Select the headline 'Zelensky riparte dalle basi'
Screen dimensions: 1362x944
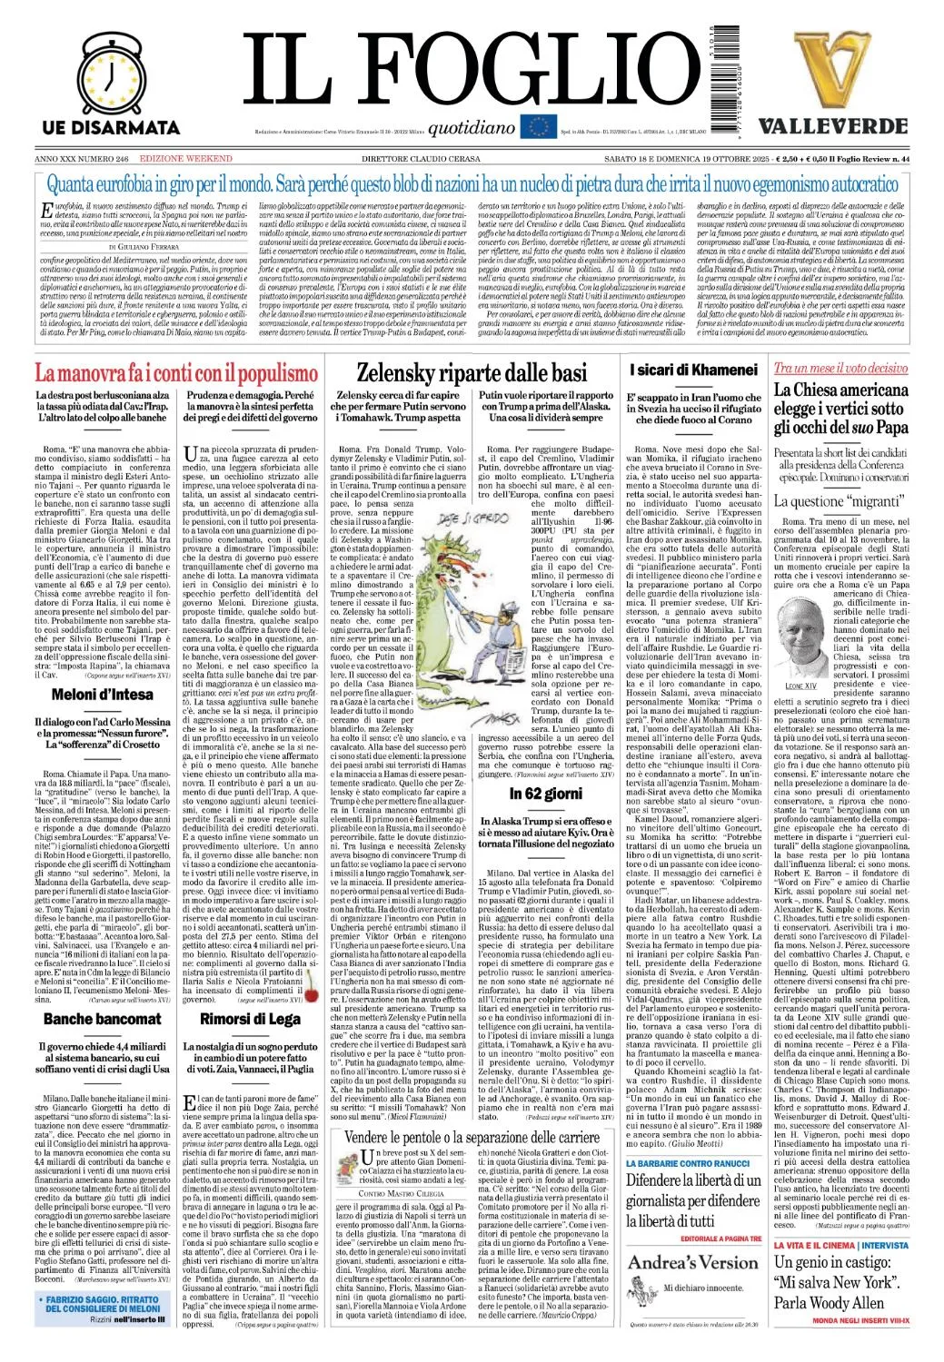click(x=472, y=372)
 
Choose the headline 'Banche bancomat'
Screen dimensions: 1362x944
click(x=102, y=1019)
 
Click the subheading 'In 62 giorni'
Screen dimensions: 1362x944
click(x=545, y=794)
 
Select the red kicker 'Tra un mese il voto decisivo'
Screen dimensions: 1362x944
click(x=840, y=368)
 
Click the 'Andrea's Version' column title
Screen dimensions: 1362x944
click(x=692, y=1262)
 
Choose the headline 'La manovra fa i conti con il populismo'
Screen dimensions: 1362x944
click(x=176, y=372)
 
